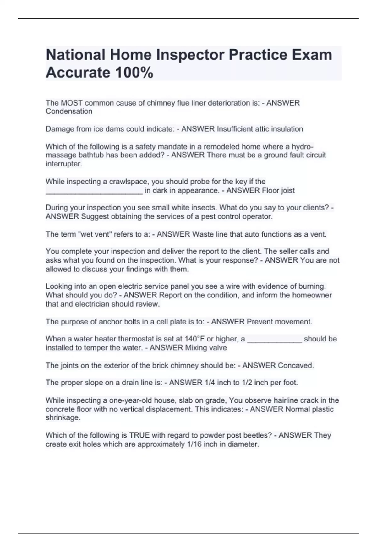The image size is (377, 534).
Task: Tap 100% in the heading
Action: (134, 73)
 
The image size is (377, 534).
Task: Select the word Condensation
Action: (69, 111)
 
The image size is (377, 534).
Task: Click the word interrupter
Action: (64, 164)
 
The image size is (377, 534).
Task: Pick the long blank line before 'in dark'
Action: (94, 192)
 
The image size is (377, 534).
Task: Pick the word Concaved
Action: (296, 365)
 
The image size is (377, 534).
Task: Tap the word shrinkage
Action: (63, 418)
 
